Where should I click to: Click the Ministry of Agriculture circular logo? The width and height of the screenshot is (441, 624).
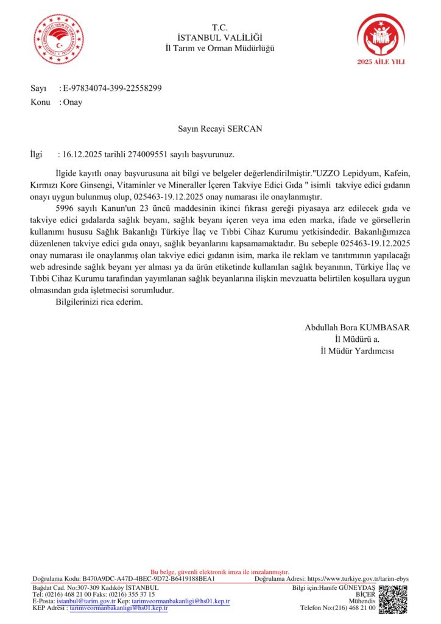click(59, 39)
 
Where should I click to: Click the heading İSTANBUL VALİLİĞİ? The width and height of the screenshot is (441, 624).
click(220, 38)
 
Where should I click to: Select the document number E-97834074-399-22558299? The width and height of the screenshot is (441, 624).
click(113, 88)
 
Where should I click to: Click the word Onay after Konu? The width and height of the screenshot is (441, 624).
click(72, 102)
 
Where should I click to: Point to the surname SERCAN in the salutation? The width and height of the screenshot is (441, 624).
click(245, 129)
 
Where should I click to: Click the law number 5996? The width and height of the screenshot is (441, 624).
click(65, 208)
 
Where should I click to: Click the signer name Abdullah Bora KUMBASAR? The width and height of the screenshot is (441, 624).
click(357, 327)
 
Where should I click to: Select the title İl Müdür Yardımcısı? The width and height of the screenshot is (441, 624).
click(358, 350)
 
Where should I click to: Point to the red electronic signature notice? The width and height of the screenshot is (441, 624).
click(220, 572)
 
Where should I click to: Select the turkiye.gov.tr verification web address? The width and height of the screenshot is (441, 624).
click(358, 578)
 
